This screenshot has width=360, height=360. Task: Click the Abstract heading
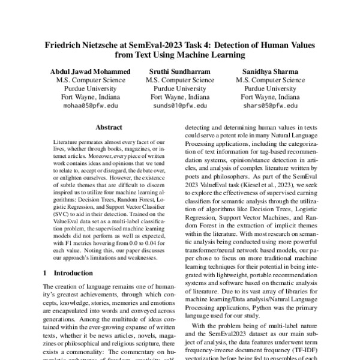109,127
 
